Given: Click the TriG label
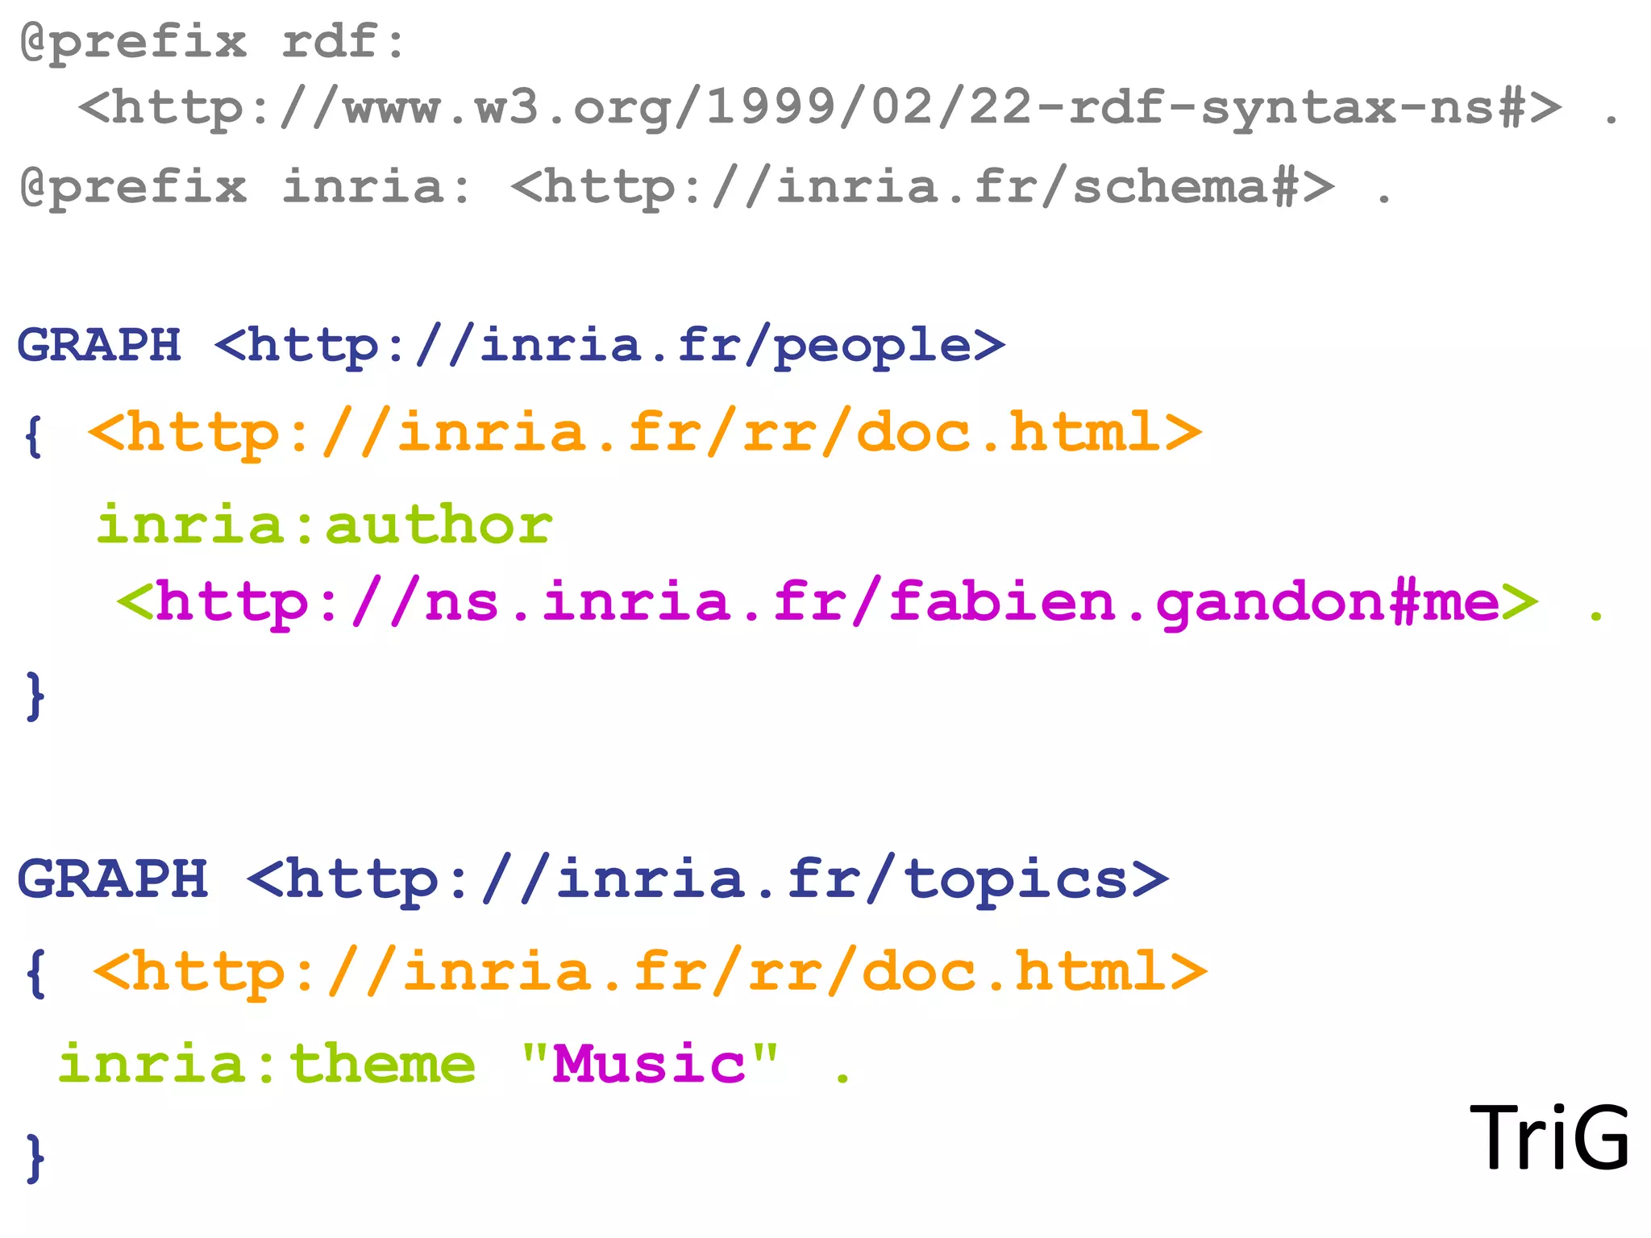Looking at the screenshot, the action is point(1549,1137).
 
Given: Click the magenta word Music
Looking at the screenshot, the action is point(649,1064).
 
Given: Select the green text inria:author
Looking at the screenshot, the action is point(324,525).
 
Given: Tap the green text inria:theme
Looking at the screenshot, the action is point(267,1064).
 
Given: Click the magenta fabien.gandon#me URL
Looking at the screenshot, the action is point(827,602).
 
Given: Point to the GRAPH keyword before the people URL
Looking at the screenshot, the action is point(99,345).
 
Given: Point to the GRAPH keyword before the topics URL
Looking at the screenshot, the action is point(113,879).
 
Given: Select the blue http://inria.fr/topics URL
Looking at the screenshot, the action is point(707,879).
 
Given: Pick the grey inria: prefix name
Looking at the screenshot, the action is point(376,187).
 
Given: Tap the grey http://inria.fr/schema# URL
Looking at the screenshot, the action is point(922,187).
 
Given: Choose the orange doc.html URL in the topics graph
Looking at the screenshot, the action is point(650,972).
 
